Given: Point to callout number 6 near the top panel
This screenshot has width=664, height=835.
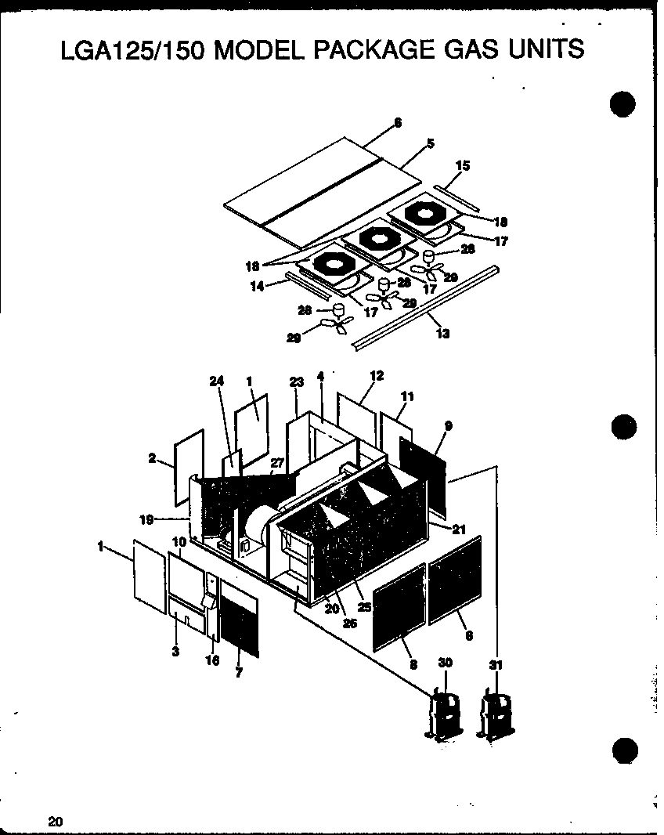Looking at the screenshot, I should click(x=398, y=122).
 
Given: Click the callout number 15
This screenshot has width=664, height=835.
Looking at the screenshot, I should click(x=463, y=166).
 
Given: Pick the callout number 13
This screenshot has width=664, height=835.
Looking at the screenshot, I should click(x=443, y=334).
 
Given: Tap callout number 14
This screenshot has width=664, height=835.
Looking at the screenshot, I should click(x=255, y=287).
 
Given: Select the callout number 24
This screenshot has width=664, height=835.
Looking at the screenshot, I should click(x=216, y=381).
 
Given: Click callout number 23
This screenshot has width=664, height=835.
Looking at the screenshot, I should click(x=296, y=381).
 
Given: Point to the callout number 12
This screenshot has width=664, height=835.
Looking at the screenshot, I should click(x=377, y=376).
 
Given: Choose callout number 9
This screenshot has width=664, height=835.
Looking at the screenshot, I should click(x=448, y=426).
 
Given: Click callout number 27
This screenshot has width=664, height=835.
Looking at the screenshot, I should click(x=277, y=463).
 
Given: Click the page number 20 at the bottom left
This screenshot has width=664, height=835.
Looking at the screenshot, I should click(x=55, y=821).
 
